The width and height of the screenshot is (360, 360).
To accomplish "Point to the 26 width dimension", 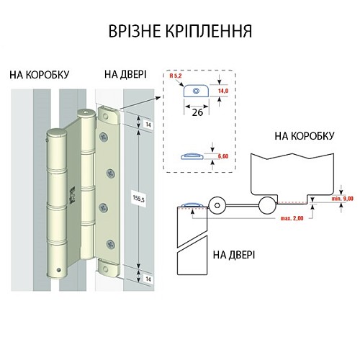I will click(196, 112).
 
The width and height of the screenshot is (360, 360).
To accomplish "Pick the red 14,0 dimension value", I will click(222, 92).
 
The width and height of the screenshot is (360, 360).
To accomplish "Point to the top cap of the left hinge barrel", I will click(55, 132).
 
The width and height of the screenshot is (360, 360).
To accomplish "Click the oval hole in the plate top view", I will click(194, 91).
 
